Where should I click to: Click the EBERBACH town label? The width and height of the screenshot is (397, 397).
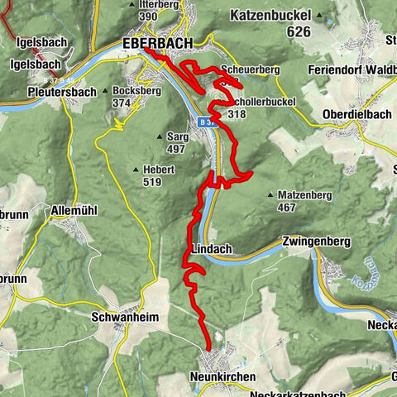click(x=156, y=43)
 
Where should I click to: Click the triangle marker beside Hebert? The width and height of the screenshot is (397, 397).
click(x=136, y=170)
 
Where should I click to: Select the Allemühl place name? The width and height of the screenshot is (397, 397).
click(x=74, y=211)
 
